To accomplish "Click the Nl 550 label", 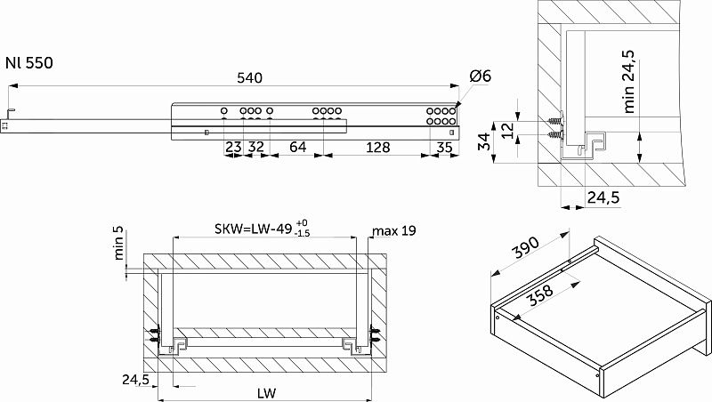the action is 29,62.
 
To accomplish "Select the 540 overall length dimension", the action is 250,78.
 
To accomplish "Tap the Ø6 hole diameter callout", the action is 481,76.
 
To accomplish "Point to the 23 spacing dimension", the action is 233,147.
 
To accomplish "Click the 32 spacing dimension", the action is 256,147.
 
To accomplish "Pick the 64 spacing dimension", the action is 298,147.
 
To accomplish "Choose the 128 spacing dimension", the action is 377,147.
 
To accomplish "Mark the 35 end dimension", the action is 444,147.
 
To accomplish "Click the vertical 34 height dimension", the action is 485,141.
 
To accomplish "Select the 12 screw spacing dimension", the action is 508,130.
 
